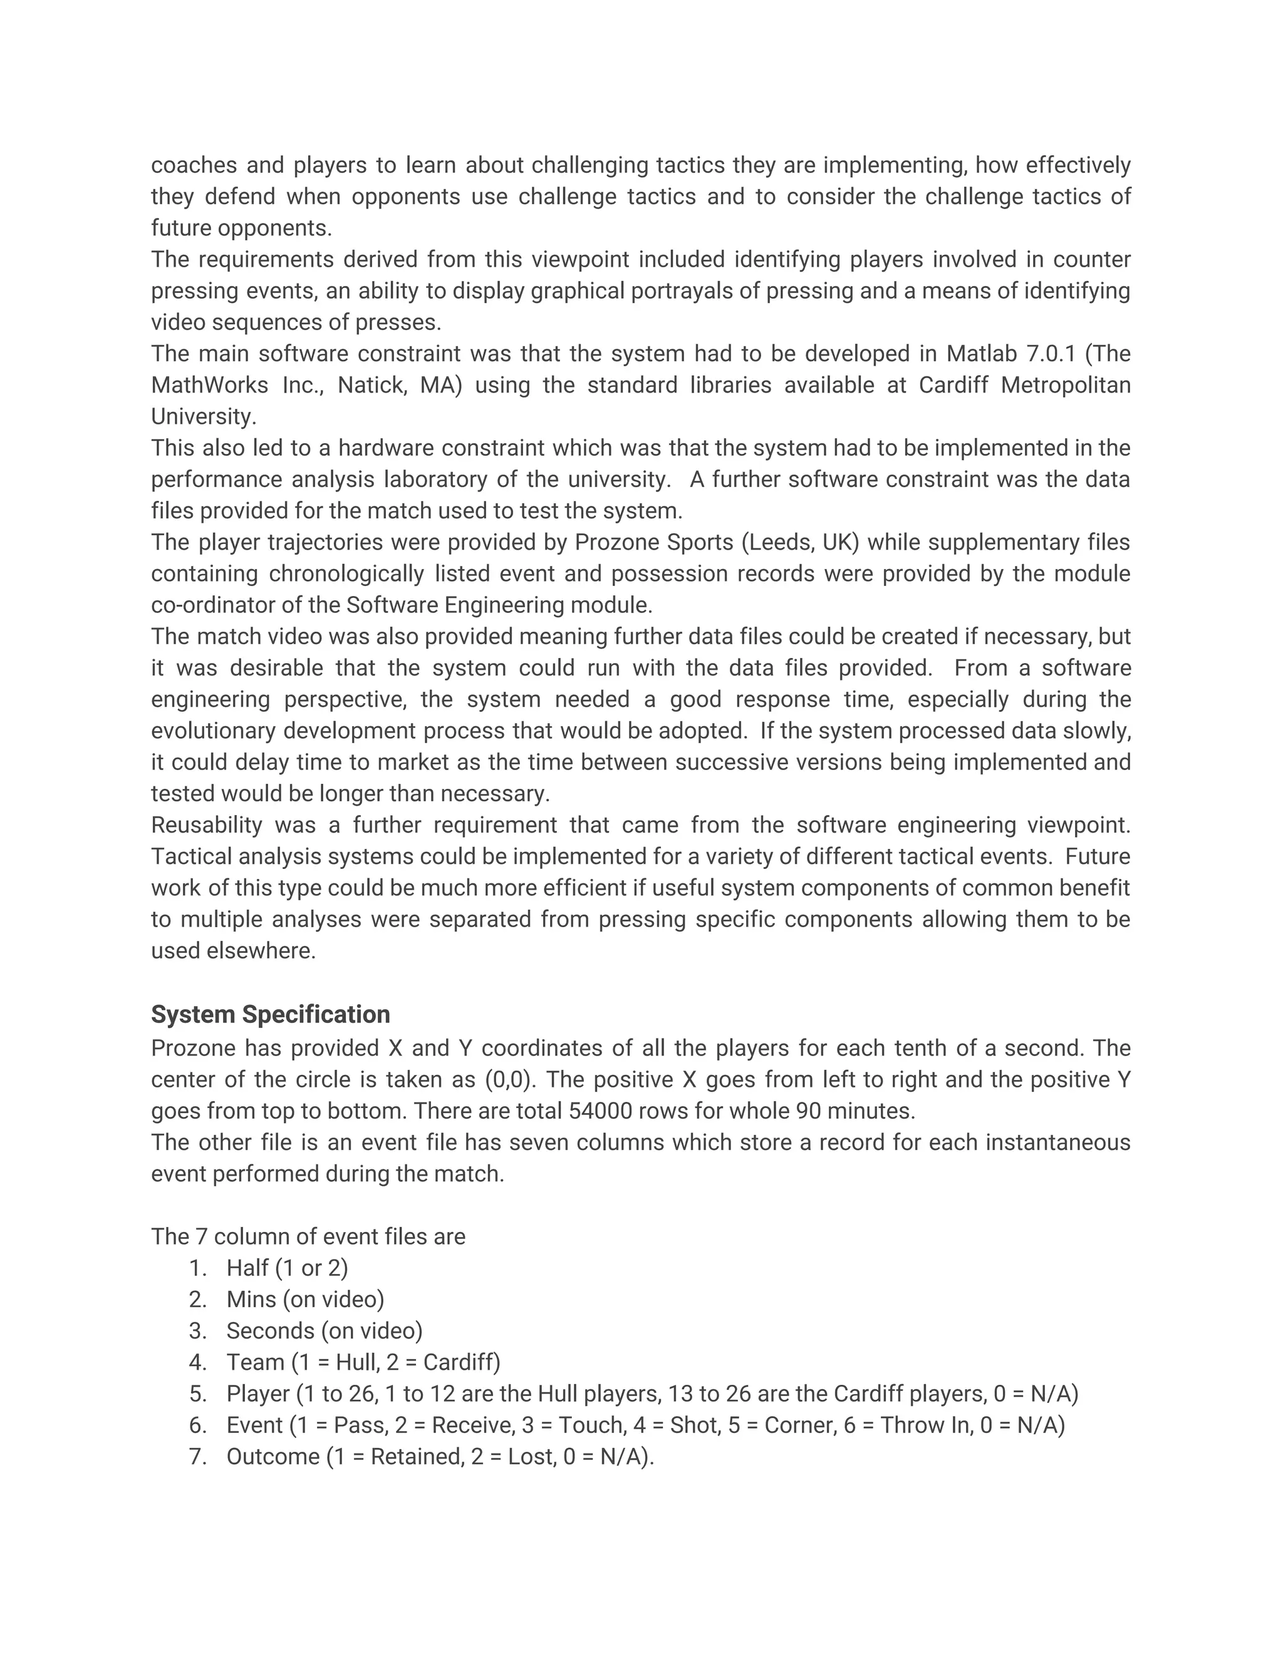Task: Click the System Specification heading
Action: pyautogui.click(x=270, y=1014)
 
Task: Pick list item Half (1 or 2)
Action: pyautogui.click(x=286, y=1268)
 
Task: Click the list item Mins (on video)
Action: pyautogui.click(x=305, y=1299)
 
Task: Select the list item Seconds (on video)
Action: pyautogui.click(x=324, y=1331)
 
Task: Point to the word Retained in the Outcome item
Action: pyautogui.click(x=417, y=1456)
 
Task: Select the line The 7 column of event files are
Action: pyautogui.click(x=308, y=1236)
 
